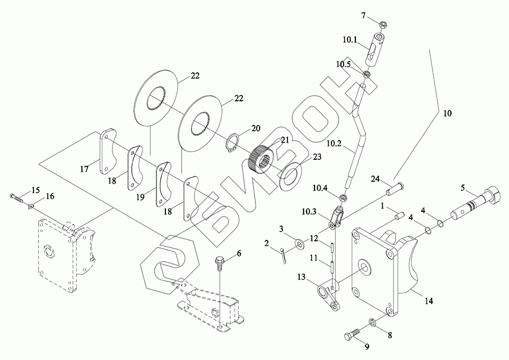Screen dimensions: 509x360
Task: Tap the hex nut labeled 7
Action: (x=382, y=24)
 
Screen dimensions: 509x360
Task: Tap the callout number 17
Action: (x=84, y=169)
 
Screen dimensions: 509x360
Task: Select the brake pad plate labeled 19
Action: (x=164, y=183)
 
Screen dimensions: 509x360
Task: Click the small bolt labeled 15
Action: (x=16, y=198)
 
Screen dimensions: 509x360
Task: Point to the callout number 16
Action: (x=50, y=197)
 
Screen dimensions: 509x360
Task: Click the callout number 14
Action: (x=429, y=301)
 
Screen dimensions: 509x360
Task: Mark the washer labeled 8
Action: (x=372, y=322)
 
